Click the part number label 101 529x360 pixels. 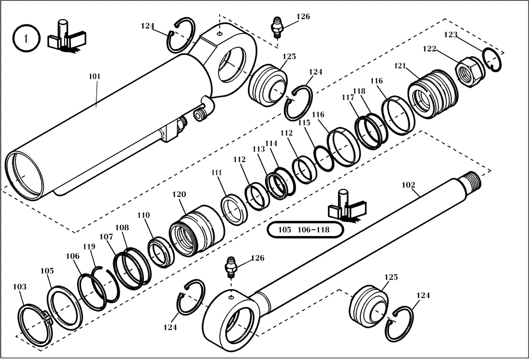94,77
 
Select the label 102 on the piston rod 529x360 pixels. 409,185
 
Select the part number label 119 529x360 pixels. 88,247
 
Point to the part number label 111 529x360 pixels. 217,173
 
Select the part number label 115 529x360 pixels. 304,122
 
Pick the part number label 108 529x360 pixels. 122,228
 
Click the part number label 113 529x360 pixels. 259,149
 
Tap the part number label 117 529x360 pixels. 348,97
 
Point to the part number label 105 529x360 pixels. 47,271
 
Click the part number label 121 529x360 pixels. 400,66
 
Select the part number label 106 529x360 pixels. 72,256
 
